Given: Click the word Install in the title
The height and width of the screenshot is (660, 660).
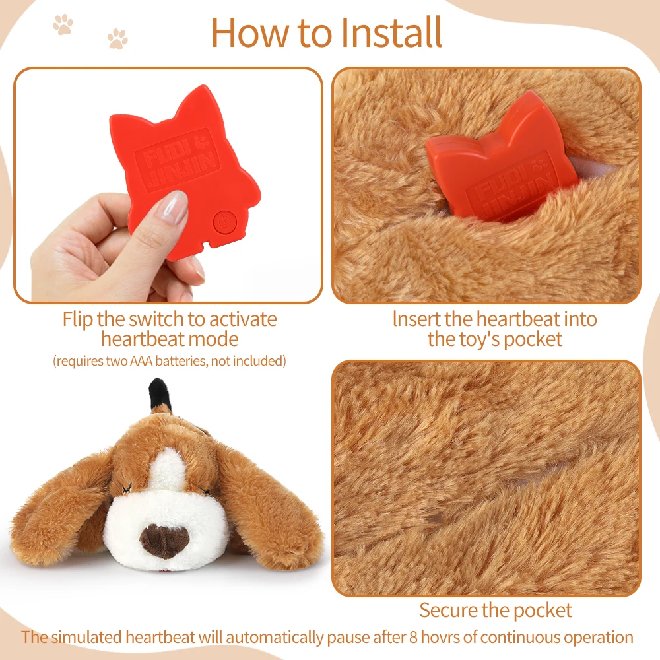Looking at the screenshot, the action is (391, 32).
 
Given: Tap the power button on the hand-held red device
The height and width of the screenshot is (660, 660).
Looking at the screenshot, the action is (225, 222).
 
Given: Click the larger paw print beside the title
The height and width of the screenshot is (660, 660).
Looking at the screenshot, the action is (63, 24).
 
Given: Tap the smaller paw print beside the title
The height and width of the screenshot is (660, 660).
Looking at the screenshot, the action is (117, 39).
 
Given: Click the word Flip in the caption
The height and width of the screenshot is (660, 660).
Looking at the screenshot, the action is (78, 320).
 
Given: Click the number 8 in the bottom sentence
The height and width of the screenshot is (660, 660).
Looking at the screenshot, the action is (413, 637).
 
